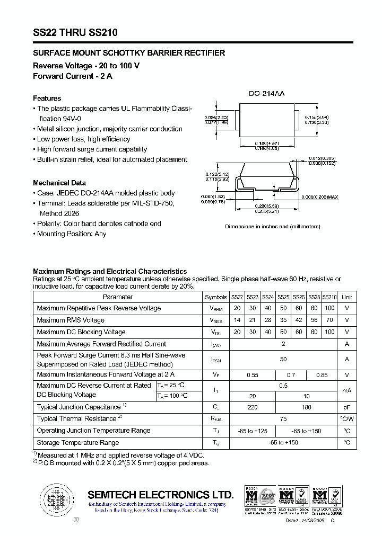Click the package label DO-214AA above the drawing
coord(267,93)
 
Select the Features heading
coord(47,99)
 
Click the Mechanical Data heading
coord(59,183)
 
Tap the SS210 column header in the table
coord(329,298)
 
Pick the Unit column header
coord(346,298)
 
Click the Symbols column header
coord(215,298)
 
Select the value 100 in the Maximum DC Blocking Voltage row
coord(329,332)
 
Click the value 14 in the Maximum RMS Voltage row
coord(237,320)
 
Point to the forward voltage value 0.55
coord(253,375)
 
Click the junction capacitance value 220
coord(253,407)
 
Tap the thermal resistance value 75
coord(283,419)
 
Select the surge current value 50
coord(283,359)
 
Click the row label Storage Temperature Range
coord(77,443)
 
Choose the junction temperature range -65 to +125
coord(253,431)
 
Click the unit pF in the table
coord(346,407)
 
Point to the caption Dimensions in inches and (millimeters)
coord(273,226)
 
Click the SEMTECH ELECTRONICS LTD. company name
coord(160,495)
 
